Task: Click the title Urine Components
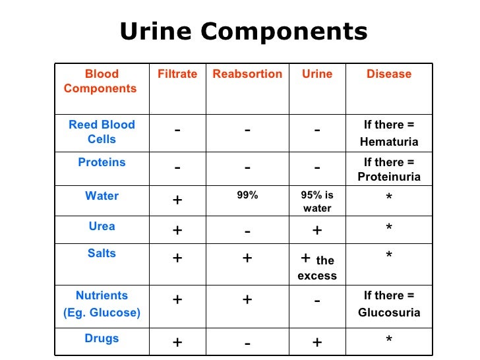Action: tap(243, 32)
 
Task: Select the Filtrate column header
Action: tap(177, 75)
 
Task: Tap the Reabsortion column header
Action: tap(247, 75)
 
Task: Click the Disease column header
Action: tap(389, 75)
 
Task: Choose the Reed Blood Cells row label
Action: tap(102, 132)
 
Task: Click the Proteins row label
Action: tap(102, 162)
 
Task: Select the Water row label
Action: tap(102, 196)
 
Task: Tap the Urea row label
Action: tap(102, 226)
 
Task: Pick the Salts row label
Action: tap(102, 254)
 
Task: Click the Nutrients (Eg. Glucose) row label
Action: tap(102, 304)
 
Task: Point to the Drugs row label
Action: tap(102, 338)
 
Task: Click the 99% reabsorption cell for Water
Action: tap(247, 195)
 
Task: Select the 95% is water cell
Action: tap(317, 202)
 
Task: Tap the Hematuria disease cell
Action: tap(389, 133)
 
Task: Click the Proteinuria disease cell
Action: tap(389, 169)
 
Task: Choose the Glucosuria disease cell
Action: tap(389, 305)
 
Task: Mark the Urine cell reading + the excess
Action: tap(317, 266)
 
